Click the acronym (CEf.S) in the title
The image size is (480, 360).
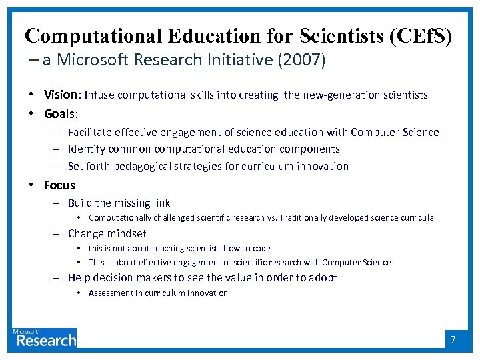pyautogui.click(x=419, y=36)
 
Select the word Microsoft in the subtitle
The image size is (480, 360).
pyautogui.click(x=93, y=60)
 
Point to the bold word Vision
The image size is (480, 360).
pyautogui.click(x=59, y=95)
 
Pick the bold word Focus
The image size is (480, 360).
pyautogui.click(x=59, y=185)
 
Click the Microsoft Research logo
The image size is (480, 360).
pyautogui.click(x=45, y=337)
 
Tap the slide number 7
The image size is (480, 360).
pyautogui.click(x=453, y=339)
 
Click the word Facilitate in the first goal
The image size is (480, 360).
pyautogui.click(x=89, y=132)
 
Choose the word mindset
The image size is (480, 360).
pyautogui.click(x=126, y=233)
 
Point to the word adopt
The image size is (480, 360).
pyautogui.click(x=323, y=277)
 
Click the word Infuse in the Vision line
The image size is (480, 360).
pyautogui.click(x=99, y=95)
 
